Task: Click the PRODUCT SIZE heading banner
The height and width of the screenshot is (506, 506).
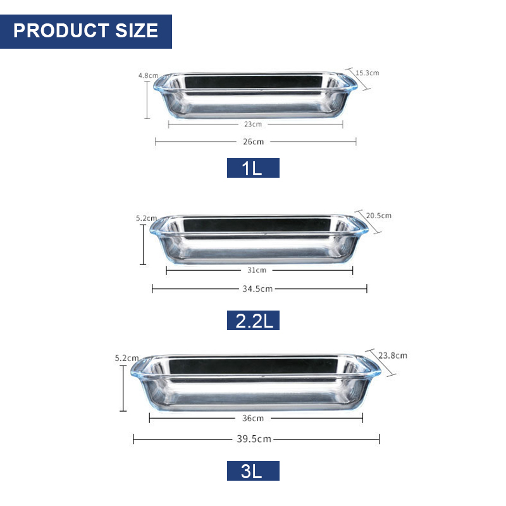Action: click(x=86, y=31)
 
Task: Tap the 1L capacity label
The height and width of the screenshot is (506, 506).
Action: click(x=253, y=168)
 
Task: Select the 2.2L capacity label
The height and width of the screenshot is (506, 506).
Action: click(x=253, y=320)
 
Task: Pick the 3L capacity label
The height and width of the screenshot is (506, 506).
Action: click(x=253, y=471)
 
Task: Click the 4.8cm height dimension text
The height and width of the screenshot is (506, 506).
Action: click(x=148, y=75)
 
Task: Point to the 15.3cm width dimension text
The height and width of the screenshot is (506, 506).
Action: click(x=367, y=73)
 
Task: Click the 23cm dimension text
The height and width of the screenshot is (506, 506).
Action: click(x=253, y=124)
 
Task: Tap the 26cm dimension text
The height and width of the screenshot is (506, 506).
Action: click(x=254, y=142)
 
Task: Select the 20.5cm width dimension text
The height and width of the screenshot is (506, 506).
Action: click(x=378, y=216)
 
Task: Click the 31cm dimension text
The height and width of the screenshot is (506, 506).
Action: click(x=257, y=270)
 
